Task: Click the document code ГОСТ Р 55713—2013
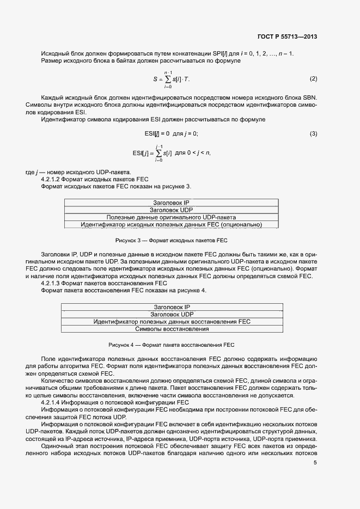point(286,37)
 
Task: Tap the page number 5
point(315,463)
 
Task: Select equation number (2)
point(313,79)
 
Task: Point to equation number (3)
point(313,134)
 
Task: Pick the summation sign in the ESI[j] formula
point(159,153)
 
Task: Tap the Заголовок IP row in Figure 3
point(171,203)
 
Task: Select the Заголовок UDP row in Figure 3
point(171,210)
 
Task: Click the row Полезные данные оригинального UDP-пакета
point(171,217)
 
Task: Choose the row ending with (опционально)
point(171,224)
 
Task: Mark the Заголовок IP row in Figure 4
point(172,307)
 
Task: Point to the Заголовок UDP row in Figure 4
point(172,314)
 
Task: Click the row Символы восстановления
point(172,329)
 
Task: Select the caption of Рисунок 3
point(171,240)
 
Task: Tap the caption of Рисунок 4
point(171,345)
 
